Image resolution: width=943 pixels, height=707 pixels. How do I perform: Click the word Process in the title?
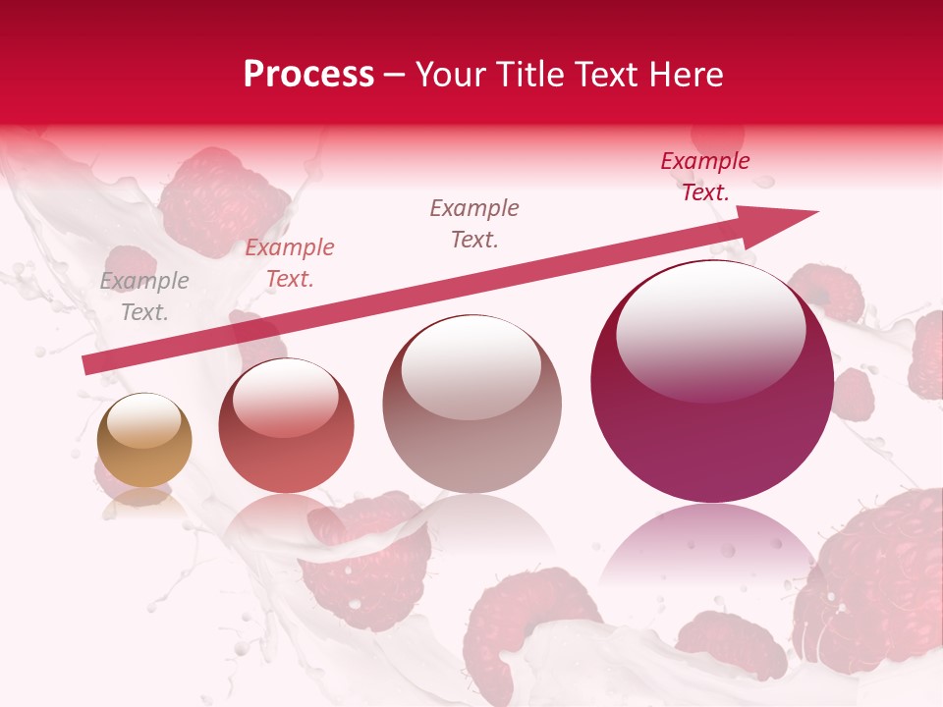pyautogui.click(x=308, y=75)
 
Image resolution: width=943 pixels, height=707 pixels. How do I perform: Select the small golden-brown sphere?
pyautogui.click(x=144, y=440)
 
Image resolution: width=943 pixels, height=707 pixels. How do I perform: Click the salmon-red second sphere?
pyautogui.click(x=286, y=425)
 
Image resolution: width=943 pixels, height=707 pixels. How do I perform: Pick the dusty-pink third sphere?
pyautogui.click(x=471, y=404)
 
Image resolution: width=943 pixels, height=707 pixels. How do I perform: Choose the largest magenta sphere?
pyautogui.click(x=711, y=383)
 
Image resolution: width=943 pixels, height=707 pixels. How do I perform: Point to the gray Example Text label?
pyautogui.click(x=144, y=297)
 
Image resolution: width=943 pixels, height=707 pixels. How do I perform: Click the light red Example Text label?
pyautogui.click(x=290, y=263)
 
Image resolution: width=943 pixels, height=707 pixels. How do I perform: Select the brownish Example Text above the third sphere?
pyautogui.click(x=474, y=223)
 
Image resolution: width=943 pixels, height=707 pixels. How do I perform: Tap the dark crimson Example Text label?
pyautogui.click(x=705, y=177)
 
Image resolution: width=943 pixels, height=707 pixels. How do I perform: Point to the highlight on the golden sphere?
pyautogui.click(x=144, y=423)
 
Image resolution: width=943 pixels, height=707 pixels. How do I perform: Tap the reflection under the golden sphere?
pyautogui.click(x=143, y=501)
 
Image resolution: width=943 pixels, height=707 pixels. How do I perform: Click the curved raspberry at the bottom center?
pyautogui.click(x=521, y=628)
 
